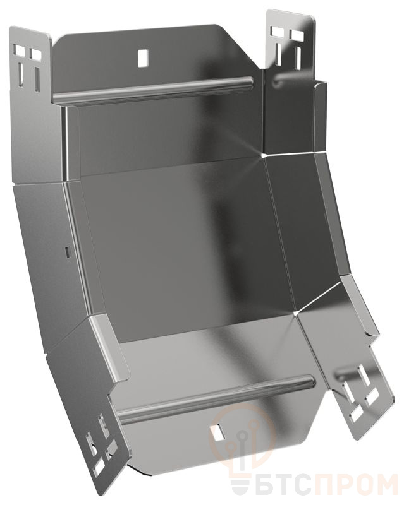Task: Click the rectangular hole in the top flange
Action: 142,58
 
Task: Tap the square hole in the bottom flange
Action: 218,432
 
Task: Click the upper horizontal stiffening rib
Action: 152,90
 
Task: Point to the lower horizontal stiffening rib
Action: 217,399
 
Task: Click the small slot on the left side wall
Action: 67,252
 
